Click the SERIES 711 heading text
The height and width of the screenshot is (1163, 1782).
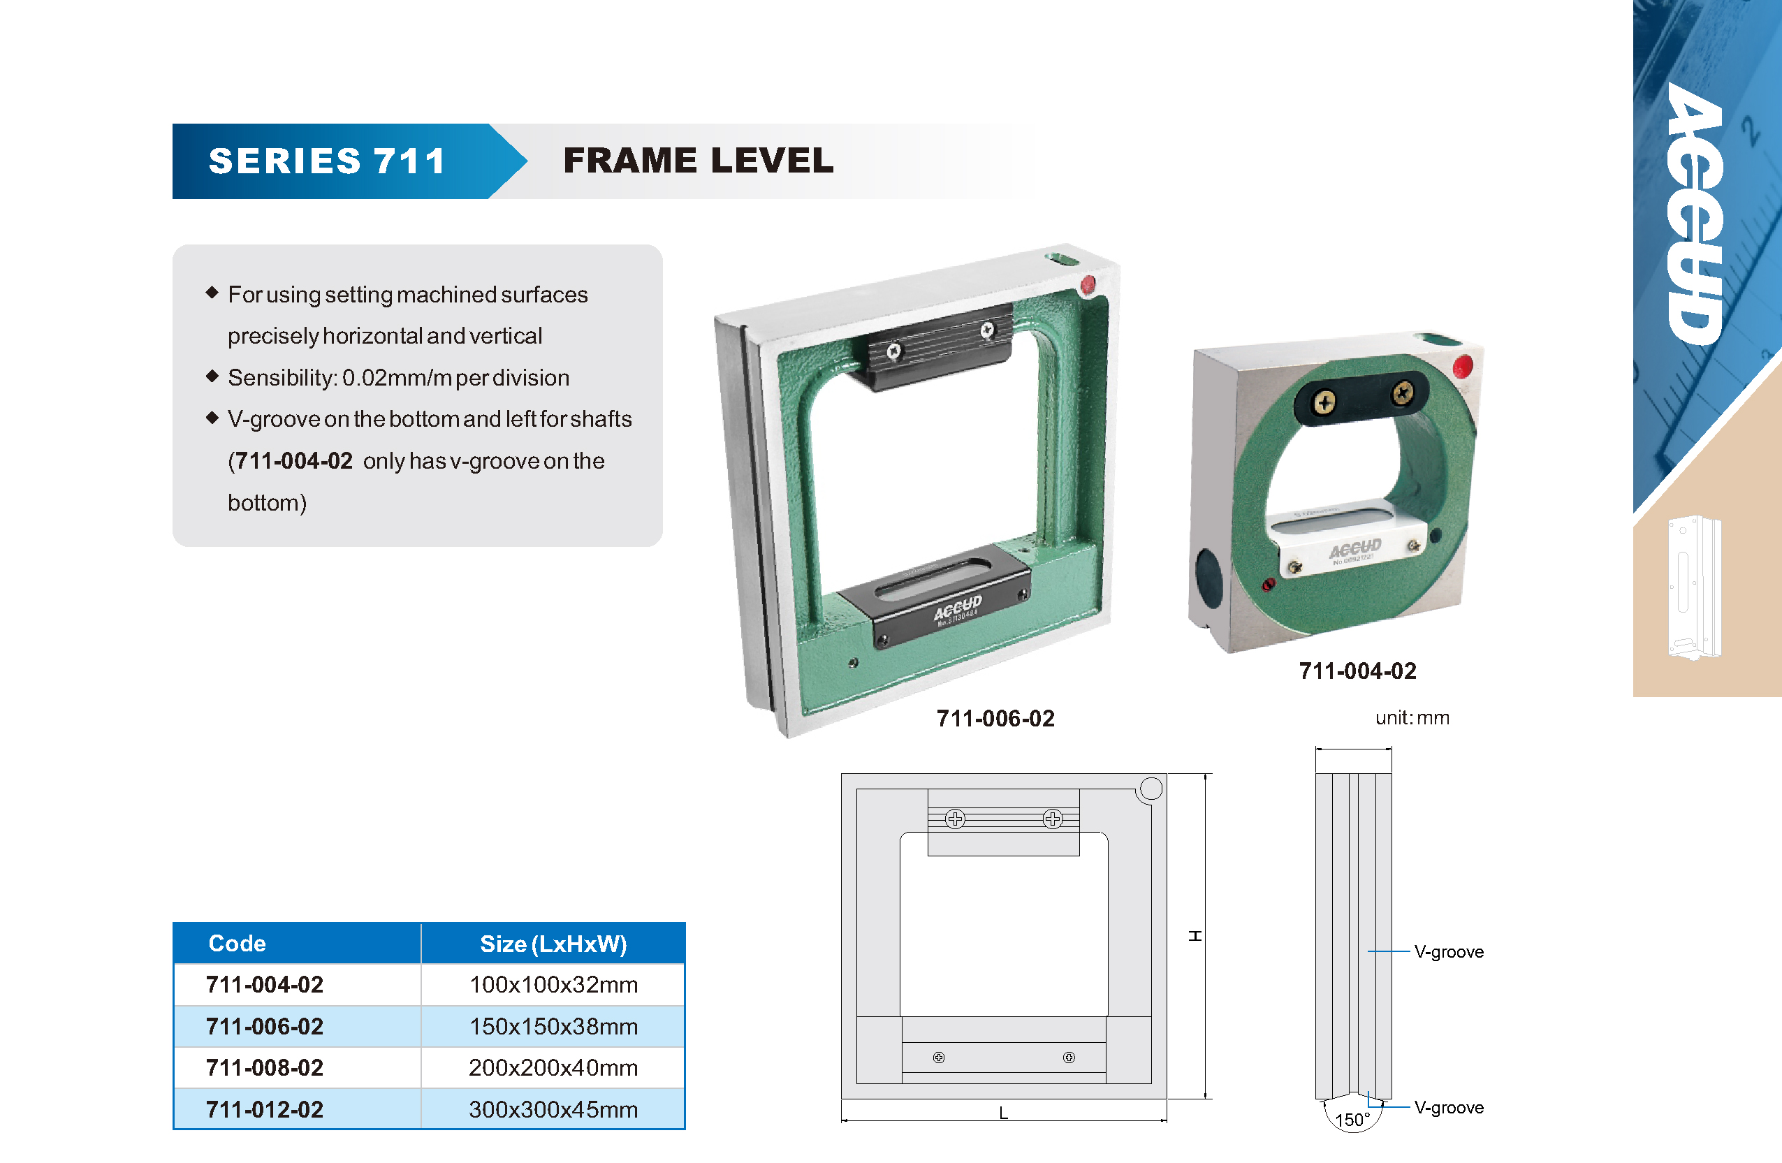tap(327, 161)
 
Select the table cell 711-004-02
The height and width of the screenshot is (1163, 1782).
tap(264, 984)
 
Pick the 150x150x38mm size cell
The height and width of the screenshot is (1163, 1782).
tap(553, 1026)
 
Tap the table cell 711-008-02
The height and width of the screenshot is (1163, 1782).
tap(264, 1067)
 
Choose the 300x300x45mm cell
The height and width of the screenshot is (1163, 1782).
tap(553, 1109)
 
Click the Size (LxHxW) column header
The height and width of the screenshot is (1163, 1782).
tap(553, 944)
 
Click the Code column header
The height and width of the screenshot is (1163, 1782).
tap(237, 943)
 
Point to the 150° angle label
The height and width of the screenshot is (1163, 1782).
tap(1352, 1120)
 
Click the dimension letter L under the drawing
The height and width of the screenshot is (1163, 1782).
tap(1003, 1113)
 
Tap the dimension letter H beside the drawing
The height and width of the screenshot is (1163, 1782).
tap(1195, 936)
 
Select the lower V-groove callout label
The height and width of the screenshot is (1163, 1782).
tap(1449, 1108)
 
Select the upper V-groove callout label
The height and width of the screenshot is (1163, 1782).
tap(1449, 952)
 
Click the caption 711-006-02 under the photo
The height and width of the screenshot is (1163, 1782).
tap(995, 719)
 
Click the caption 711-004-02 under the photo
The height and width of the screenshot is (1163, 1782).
tap(1357, 671)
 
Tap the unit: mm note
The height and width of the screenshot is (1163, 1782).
tap(1412, 717)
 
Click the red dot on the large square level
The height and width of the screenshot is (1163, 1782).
tap(1088, 284)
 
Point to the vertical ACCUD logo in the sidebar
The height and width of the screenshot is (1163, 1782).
tap(1695, 214)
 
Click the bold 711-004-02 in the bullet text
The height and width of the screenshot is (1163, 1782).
tap(293, 460)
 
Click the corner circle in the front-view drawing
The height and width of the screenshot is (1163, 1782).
tap(1151, 789)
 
